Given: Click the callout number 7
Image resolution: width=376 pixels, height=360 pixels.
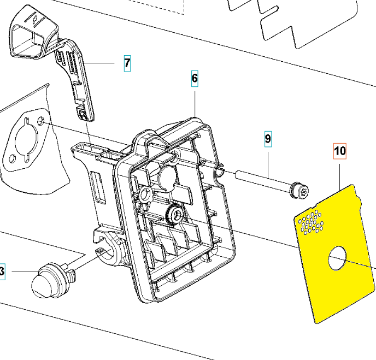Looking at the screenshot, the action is (127, 63).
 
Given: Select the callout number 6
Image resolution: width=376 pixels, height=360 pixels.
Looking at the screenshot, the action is (195, 78).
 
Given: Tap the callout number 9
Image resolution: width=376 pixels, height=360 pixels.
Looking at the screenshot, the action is (268, 139).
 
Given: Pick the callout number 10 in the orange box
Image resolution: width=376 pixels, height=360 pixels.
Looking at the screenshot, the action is (340, 151).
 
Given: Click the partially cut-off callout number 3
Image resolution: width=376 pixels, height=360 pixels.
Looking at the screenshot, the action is (2, 272).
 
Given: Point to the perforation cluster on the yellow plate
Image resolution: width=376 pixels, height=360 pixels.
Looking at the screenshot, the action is (311, 222).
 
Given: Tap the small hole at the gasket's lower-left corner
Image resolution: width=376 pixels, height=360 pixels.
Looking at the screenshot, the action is (12, 158).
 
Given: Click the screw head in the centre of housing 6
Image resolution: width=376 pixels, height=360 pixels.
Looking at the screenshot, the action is (175, 215).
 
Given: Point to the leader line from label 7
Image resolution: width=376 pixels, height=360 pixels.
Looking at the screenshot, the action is (99, 63).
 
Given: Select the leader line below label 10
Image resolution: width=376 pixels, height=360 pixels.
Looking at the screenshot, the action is (340, 176).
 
